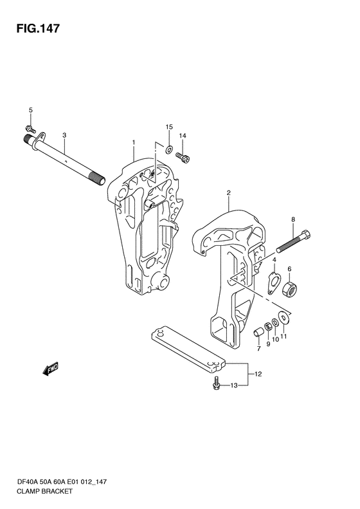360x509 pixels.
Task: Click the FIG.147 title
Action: tap(38, 28)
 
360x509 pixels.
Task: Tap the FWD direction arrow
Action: tap(50, 369)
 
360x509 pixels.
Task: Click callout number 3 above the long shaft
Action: tap(64, 134)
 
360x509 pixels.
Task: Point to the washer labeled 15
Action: tap(169, 150)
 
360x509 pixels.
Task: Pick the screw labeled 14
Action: tap(183, 157)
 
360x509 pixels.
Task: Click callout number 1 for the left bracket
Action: tap(133, 142)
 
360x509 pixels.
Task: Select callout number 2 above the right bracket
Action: tap(228, 193)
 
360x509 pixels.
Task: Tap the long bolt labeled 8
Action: tap(294, 241)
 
